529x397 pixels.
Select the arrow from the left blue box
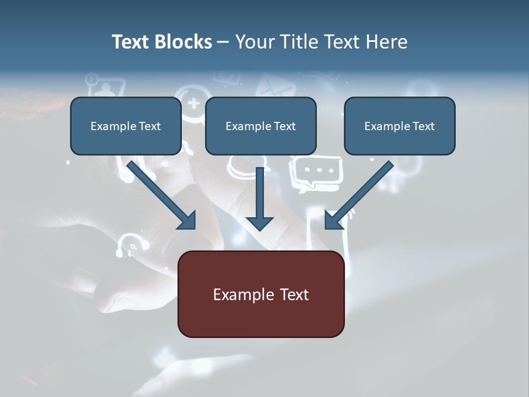coord(163,196)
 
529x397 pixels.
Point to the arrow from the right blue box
coord(358,196)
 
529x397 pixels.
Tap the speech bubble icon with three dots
coord(316,171)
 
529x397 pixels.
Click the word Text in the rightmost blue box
coord(423,126)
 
